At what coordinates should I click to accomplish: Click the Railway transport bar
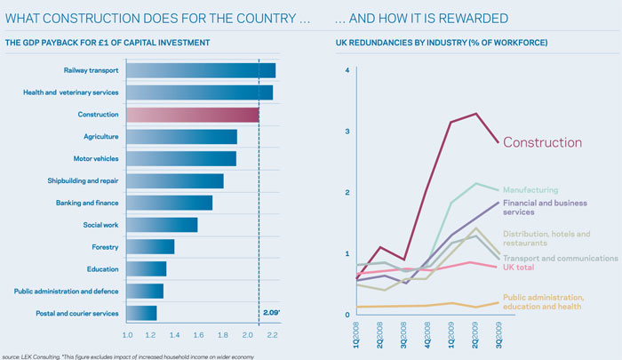point(201,70)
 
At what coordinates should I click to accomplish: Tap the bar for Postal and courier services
point(142,312)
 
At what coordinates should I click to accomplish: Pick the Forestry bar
point(150,246)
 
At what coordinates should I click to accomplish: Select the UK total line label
point(524,268)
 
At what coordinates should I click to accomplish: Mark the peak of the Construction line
point(476,114)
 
